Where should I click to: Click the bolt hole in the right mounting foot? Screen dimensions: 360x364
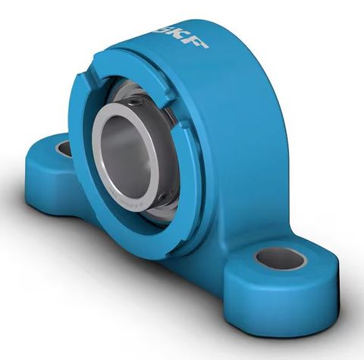click(281, 259)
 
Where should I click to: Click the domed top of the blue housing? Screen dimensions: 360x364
click(212, 61)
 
